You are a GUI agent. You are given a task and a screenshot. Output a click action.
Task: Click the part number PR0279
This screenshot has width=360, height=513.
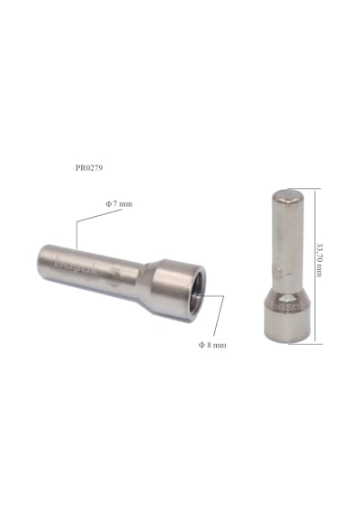(89, 167)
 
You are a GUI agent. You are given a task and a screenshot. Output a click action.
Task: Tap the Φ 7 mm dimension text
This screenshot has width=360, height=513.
(119, 203)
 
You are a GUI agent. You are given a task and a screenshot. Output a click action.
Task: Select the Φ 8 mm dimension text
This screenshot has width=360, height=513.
(212, 345)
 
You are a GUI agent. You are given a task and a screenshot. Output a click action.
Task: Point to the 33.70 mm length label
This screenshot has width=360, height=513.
(319, 259)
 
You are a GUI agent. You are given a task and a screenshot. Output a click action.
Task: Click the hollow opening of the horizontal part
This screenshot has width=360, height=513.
(197, 292)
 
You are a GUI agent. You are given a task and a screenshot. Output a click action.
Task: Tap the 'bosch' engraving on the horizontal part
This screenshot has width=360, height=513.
(76, 266)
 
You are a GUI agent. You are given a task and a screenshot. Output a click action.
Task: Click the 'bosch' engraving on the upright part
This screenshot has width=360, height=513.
(287, 307)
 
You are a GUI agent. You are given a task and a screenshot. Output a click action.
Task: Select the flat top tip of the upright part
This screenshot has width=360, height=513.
(288, 195)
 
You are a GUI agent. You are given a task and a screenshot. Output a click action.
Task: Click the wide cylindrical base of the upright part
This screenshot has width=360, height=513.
(287, 325)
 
